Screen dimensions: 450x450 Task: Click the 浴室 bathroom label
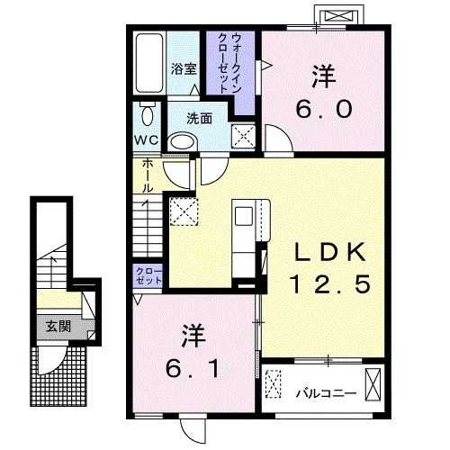point(184,67)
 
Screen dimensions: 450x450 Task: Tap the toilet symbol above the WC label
point(148,115)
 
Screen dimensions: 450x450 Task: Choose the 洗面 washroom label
point(200,117)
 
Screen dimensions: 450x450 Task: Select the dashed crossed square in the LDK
point(183,214)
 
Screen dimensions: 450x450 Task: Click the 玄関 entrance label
point(50,325)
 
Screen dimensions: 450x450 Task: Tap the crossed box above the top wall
point(342,17)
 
